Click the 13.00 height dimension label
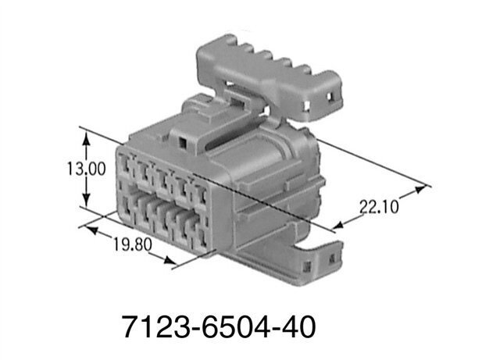85,169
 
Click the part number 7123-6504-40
219,326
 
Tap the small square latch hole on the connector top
181,144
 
